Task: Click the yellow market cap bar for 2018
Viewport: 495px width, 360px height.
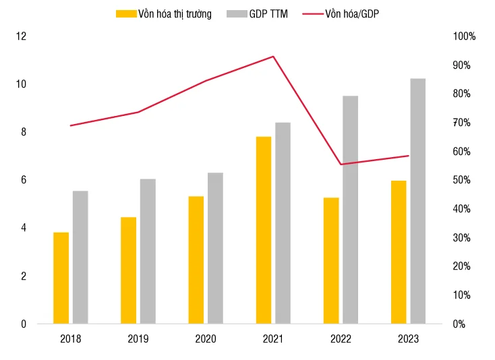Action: [x=61, y=278]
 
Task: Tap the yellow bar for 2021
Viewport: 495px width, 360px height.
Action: [x=263, y=230]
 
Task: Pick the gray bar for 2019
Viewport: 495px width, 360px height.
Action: [x=148, y=251]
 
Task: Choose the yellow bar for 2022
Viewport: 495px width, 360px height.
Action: [x=330, y=260]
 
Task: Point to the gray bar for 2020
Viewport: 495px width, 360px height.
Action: [x=215, y=248]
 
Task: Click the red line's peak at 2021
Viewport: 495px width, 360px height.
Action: [x=273, y=57]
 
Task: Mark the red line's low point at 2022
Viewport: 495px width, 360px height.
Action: [x=341, y=164]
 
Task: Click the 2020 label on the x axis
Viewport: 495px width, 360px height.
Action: [x=206, y=339]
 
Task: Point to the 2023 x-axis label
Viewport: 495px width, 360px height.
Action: [x=408, y=339]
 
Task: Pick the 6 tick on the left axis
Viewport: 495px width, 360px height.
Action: [x=24, y=180]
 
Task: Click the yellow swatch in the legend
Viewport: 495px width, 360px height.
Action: [x=125, y=13]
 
